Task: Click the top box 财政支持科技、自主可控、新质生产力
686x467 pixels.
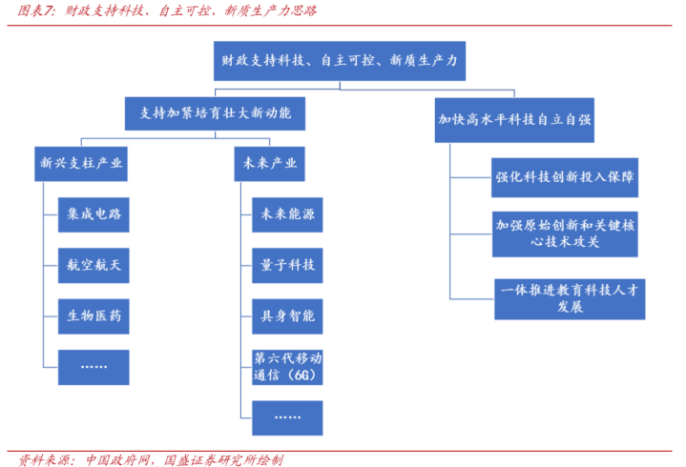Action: click(340, 61)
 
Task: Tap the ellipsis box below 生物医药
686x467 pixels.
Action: click(93, 366)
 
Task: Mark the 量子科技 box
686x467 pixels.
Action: click(287, 264)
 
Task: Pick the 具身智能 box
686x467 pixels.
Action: click(287, 315)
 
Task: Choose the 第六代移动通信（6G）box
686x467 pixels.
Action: click(287, 367)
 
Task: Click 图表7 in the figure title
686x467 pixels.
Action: click(29, 11)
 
